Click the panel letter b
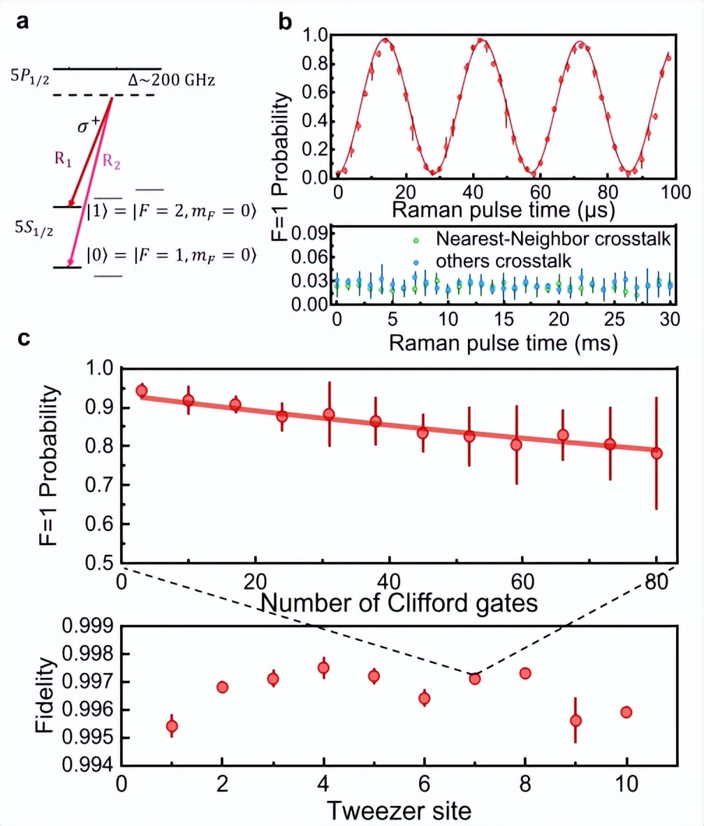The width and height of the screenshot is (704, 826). pyautogui.click(x=286, y=22)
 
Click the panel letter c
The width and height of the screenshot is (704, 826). pyautogui.click(x=24, y=340)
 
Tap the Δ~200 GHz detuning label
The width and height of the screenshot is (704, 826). pyautogui.click(x=172, y=82)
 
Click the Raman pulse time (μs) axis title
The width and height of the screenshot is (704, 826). pyautogui.click(x=503, y=209)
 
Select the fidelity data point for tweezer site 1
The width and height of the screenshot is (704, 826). pyautogui.click(x=171, y=726)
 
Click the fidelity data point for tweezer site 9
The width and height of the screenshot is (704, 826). pyautogui.click(x=575, y=720)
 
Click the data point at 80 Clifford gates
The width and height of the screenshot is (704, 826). pyautogui.click(x=656, y=453)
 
